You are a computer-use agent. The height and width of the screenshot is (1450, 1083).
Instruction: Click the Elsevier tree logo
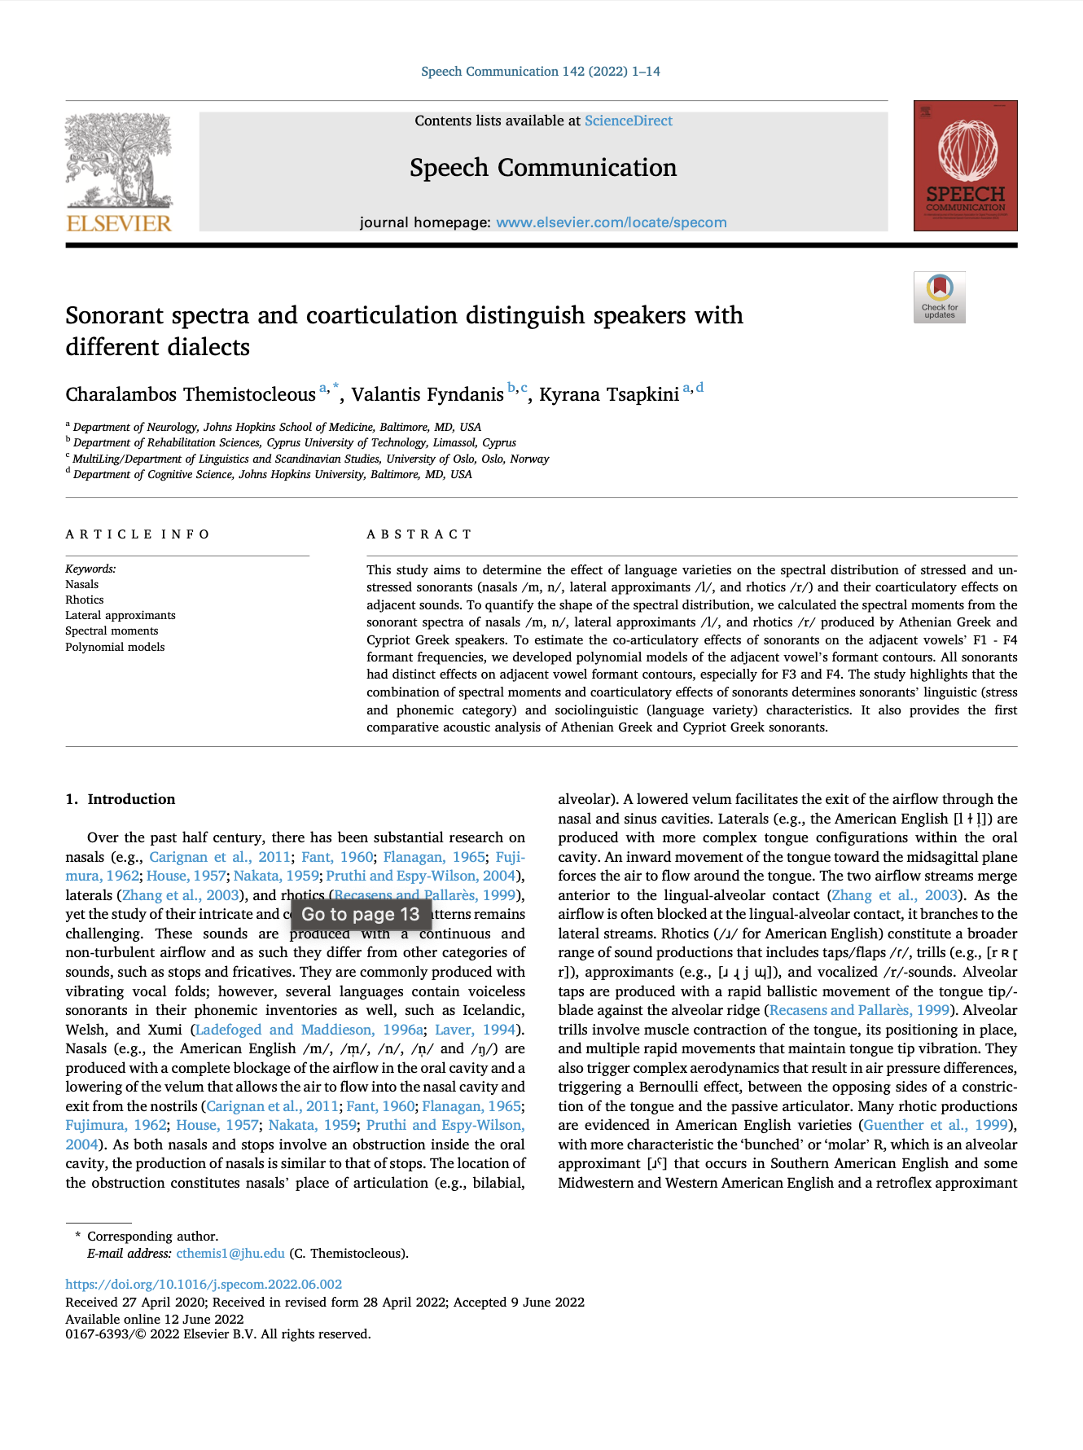tap(119, 172)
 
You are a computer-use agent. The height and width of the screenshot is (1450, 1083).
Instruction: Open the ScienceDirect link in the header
tap(628, 121)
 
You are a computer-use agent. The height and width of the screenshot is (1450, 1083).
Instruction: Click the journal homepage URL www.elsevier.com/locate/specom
tap(611, 222)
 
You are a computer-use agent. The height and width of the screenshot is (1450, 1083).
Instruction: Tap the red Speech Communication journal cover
tap(965, 165)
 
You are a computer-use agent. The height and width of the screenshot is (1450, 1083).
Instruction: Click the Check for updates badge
tap(939, 297)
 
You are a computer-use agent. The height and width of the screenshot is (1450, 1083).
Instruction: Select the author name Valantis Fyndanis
tap(427, 395)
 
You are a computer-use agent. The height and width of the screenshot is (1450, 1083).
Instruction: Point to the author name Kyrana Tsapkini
tap(609, 395)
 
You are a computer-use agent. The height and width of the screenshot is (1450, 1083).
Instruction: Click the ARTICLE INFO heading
tap(138, 534)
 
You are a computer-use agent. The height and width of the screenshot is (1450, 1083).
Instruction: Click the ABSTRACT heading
tap(419, 534)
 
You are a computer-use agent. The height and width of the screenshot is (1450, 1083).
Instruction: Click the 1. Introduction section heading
tap(121, 799)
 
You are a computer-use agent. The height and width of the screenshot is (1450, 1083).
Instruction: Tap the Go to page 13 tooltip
tap(360, 914)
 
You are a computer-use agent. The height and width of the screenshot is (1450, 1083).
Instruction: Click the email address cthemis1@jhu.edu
tap(230, 1254)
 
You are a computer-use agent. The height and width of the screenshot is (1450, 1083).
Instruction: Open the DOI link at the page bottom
tap(204, 1284)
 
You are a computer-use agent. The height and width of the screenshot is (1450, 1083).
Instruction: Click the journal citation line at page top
tap(540, 72)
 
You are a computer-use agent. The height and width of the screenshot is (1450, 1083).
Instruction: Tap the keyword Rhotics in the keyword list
tap(85, 600)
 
